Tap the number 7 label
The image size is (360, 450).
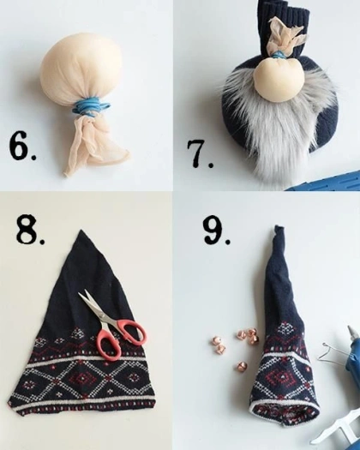(x=200, y=153)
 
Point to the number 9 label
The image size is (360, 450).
(x=216, y=231)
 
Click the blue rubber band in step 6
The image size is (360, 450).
(x=92, y=107)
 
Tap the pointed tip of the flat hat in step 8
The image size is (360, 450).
(x=81, y=231)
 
